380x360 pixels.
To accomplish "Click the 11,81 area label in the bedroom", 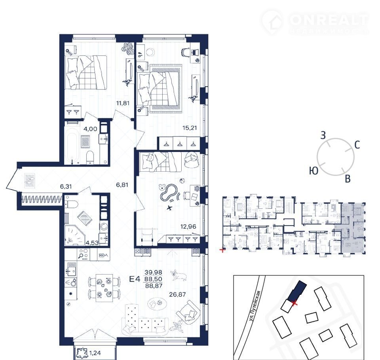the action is [x=123, y=103].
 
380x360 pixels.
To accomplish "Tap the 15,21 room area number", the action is [x=190, y=128].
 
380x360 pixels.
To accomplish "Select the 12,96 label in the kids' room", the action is [x=188, y=227].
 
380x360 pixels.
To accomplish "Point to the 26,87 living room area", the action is [x=177, y=294].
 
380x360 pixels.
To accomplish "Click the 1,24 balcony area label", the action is [x=95, y=353].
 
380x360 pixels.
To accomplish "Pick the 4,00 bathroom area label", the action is [x=90, y=129].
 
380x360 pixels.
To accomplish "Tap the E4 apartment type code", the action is [x=135, y=279].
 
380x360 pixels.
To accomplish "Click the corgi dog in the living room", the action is [x=179, y=275].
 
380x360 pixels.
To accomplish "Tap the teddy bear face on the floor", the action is [x=162, y=187].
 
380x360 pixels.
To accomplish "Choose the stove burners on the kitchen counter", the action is [x=84, y=254].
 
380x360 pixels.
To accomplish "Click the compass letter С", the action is [x=357, y=145].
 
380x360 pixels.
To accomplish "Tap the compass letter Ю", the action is [x=314, y=171].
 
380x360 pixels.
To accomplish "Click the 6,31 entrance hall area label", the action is [x=66, y=187].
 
